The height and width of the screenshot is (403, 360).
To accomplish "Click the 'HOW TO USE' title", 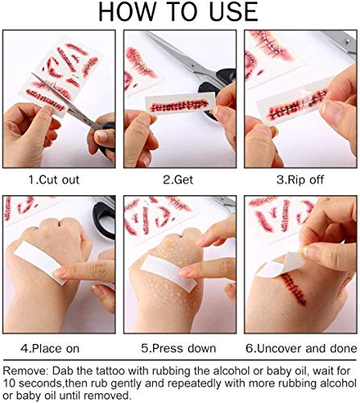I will tap(180, 13).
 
